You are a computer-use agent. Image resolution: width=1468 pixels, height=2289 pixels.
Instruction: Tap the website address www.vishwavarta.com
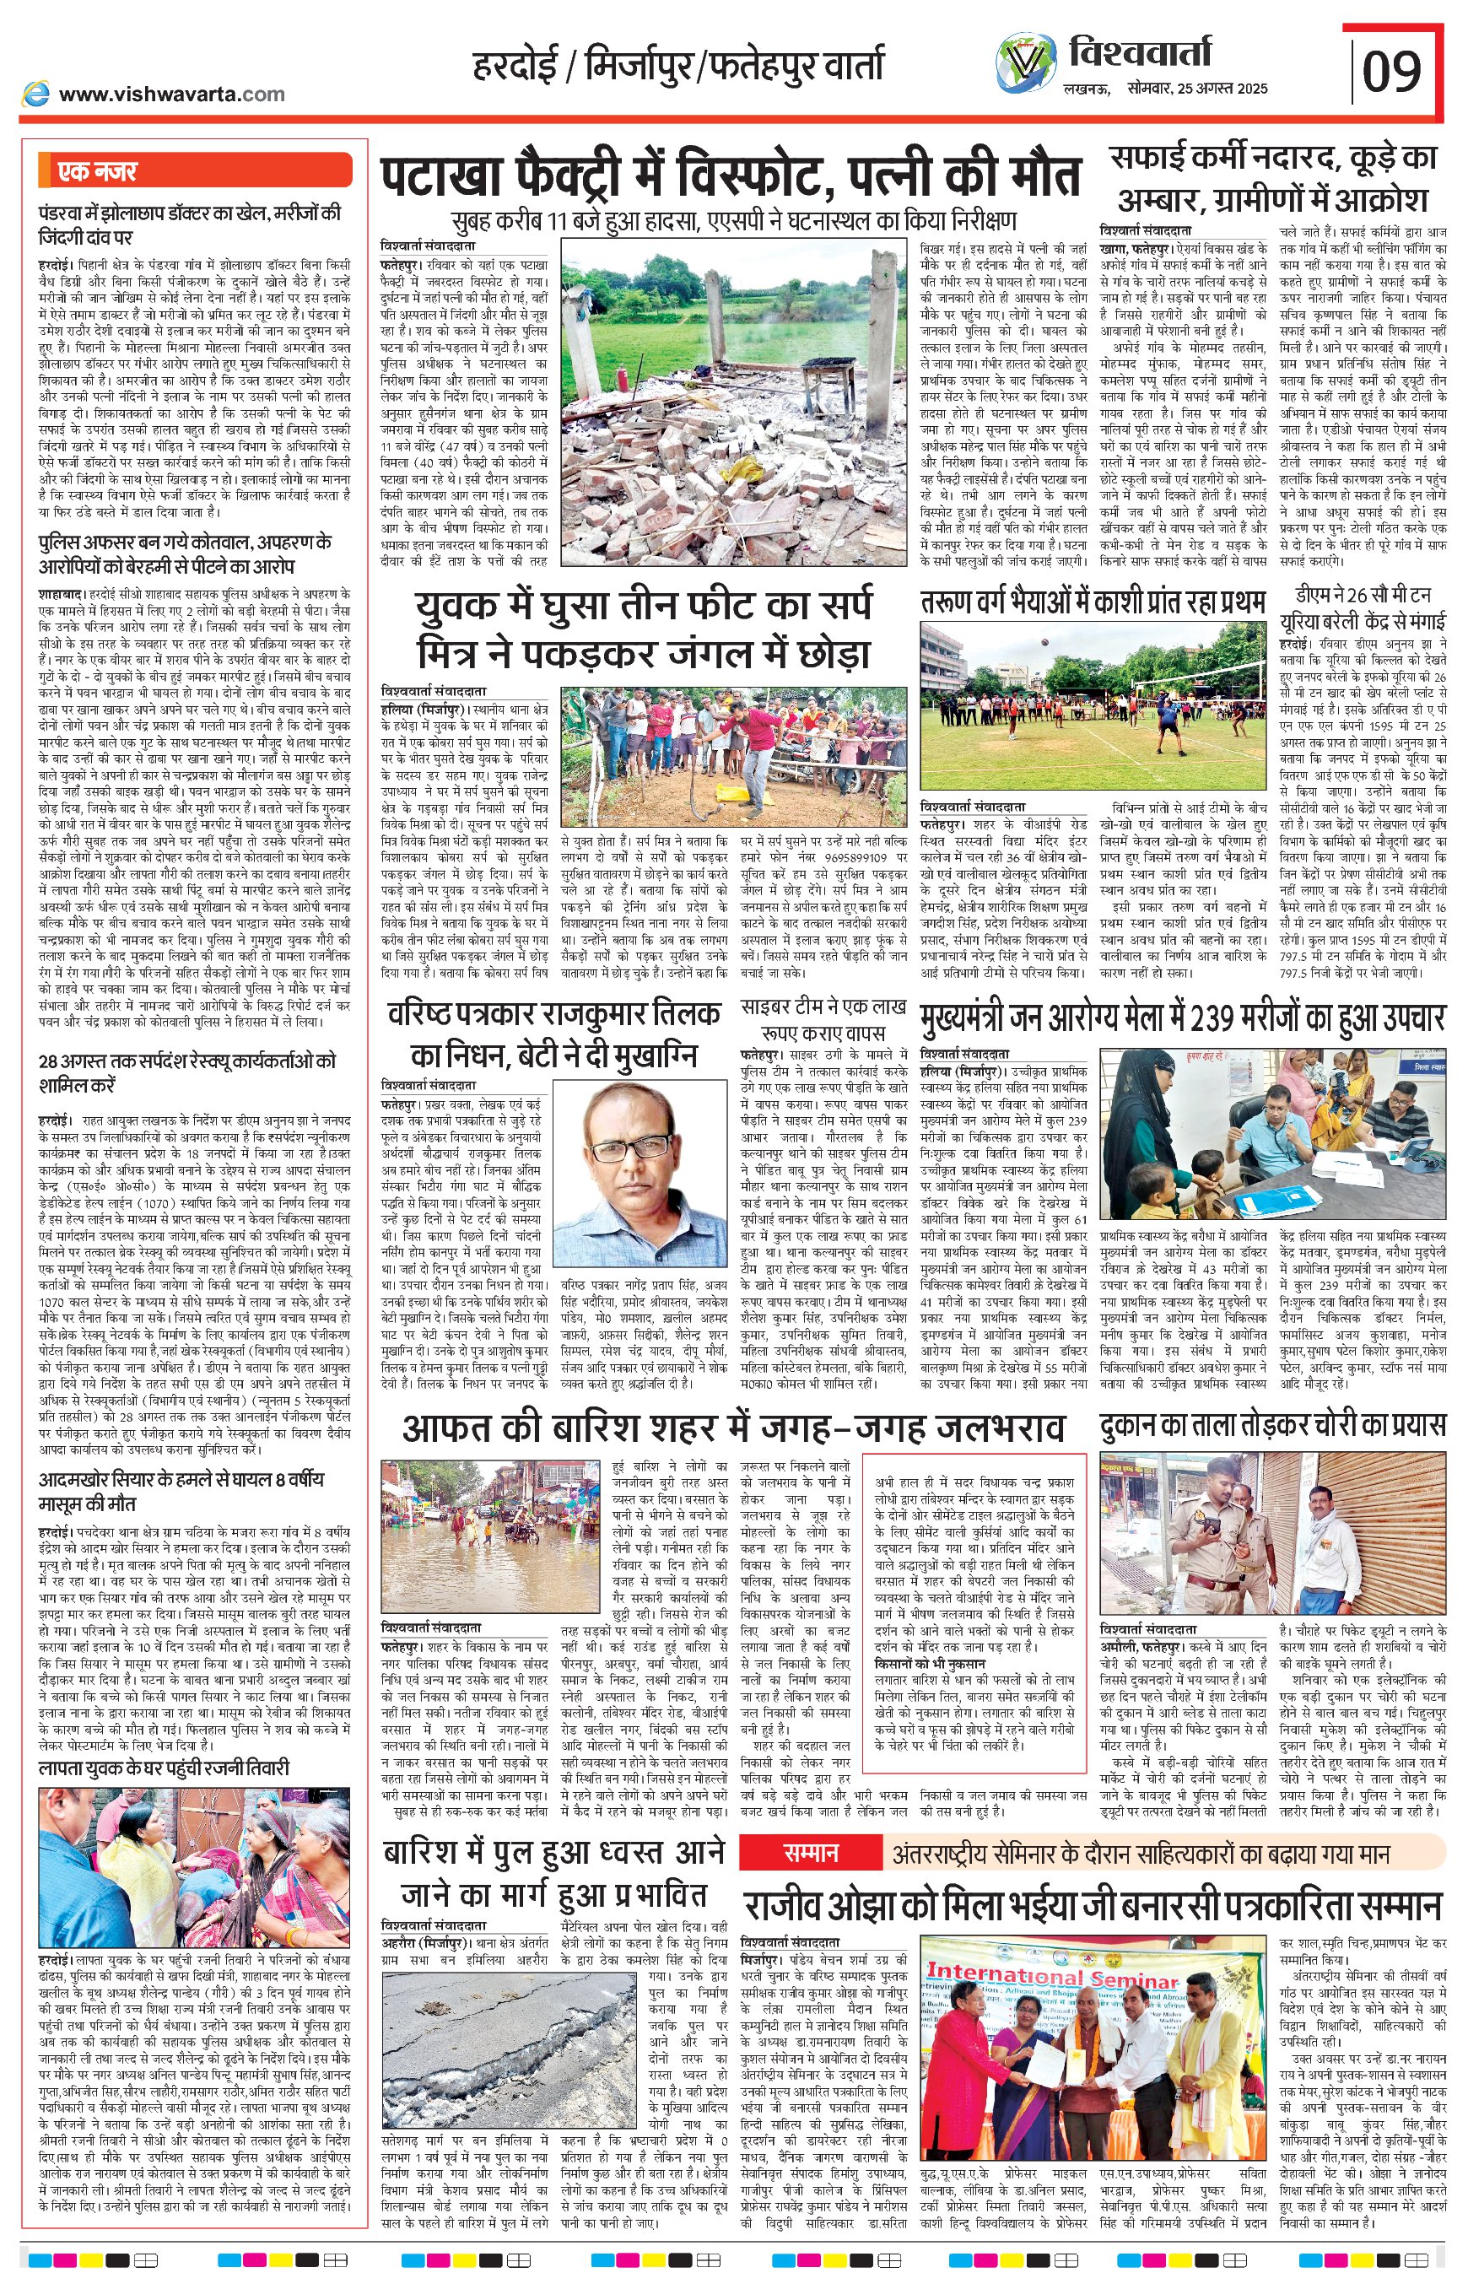(171, 94)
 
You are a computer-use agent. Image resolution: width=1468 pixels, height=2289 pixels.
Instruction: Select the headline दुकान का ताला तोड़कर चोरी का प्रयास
(1271, 1426)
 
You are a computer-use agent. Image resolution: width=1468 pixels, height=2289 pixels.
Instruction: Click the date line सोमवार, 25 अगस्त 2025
(1196, 89)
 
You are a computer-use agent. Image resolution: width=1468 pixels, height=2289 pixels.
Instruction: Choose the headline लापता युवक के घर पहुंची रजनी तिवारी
(163, 1768)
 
